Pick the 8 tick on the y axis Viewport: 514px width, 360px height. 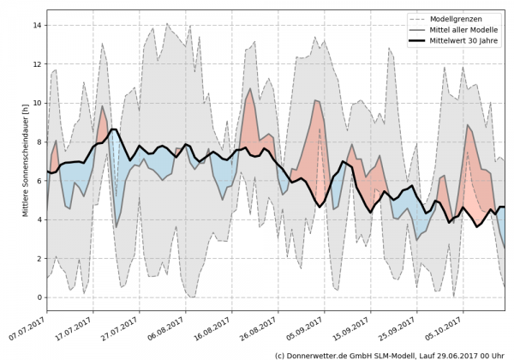[39, 142]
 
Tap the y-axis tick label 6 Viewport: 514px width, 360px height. [39, 181]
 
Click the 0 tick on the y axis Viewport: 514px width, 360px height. [39, 297]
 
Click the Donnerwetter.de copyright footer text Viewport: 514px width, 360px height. [389, 354]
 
